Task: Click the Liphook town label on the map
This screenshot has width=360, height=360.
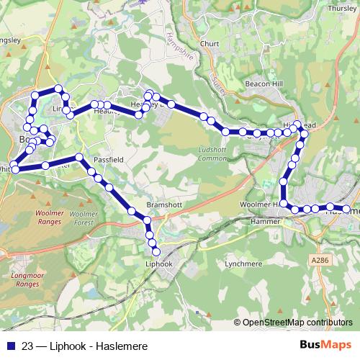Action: tap(158, 264)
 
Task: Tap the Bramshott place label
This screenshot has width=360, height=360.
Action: tap(162, 204)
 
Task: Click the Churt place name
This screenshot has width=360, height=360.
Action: tap(210, 43)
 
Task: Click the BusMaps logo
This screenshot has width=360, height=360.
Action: tap(324, 346)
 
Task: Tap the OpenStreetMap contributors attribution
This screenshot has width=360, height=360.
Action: tap(294, 323)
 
